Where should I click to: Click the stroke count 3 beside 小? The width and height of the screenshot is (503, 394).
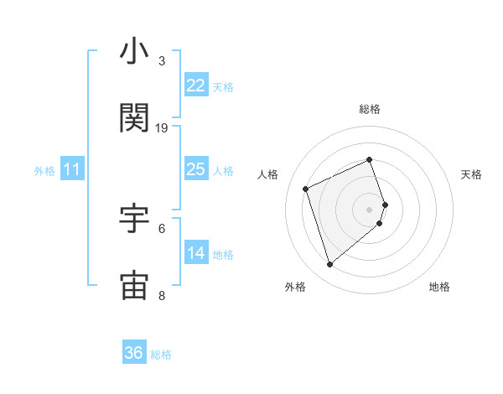click(x=161, y=61)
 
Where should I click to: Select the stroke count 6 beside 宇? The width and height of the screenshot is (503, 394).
click(x=162, y=228)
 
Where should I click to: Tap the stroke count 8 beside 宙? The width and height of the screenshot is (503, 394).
click(x=162, y=295)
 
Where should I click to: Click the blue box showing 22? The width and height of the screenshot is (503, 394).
click(x=195, y=86)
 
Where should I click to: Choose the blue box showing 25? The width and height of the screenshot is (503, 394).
click(x=195, y=169)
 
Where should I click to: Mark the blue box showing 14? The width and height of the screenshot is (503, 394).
click(x=195, y=253)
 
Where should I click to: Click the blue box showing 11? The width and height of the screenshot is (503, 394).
click(x=72, y=169)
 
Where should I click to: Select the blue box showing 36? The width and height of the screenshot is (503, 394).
click(x=134, y=353)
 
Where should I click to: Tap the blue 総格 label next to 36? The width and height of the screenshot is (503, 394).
click(x=161, y=355)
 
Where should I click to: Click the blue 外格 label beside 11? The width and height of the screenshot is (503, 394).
click(x=44, y=171)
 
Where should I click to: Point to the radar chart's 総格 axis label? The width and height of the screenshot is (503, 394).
click(x=370, y=109)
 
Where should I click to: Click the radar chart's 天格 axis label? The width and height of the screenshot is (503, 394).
click(x=472, y=174)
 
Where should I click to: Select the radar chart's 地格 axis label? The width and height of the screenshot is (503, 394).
click(x=439, y=287)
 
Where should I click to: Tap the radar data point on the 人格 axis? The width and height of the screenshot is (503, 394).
click(x=307, y=188)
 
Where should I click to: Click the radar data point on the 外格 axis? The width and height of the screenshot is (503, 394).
click(x=329, y=265)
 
